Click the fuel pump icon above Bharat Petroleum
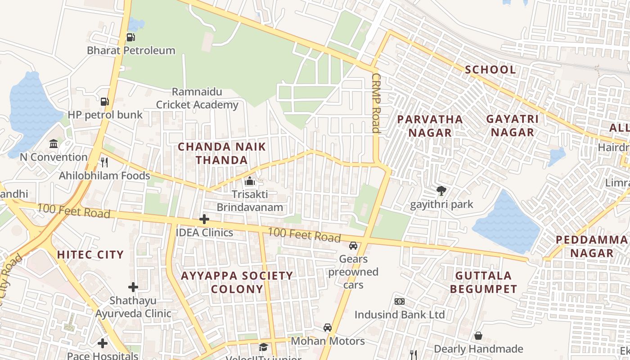click(130, 37)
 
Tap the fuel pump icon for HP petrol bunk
click(105, 102)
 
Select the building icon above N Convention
click(54, 144)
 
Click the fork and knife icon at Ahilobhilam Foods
click(104, 162)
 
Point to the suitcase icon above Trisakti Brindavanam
click(249, 181)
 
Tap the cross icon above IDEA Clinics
click(204, 219)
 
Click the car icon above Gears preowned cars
click(353, 246)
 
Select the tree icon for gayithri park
click(441, 191)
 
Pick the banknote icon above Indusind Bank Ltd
click(399, 301)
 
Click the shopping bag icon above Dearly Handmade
click(478, 336)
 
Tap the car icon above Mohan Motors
click(328, 328)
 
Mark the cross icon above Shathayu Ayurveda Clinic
click(133, 287)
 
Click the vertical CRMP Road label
click(376, 103)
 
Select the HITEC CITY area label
click(90, 255)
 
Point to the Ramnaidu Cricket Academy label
click(197, 99)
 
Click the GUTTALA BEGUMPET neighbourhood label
click(483, 282)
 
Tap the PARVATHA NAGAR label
click(430, 126)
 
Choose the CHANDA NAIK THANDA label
click(222, 153)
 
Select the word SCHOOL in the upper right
click(490, 70)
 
